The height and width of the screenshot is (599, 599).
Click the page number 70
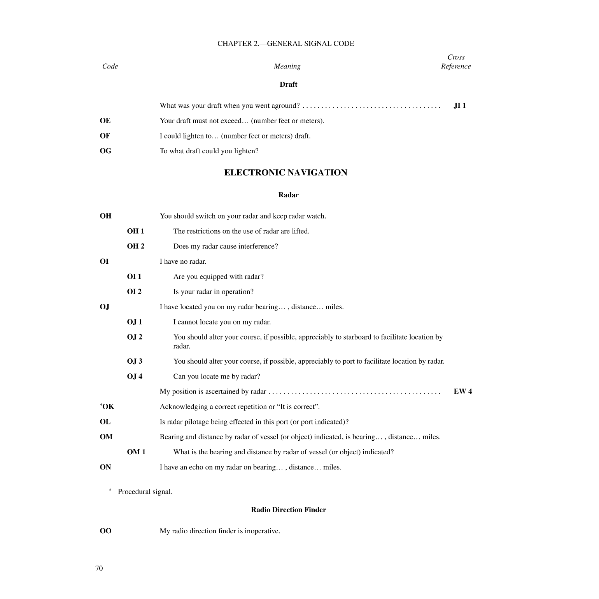pyautogui.click(x=99, y=568)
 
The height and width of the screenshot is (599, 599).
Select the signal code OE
pyautogui.click(x=105, y=121)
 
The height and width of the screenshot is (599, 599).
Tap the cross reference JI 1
pyautogui.click(x=460, y=105)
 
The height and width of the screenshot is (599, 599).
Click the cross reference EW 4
pyautogui.click(x=462, y=391)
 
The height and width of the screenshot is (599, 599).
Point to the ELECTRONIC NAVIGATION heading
pyautogui.click(x=285, y=173)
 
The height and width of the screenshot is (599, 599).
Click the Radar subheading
pyautogui.click(x=288, y=195)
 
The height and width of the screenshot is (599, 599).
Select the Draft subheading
pyautogui.click(x=288, y=84)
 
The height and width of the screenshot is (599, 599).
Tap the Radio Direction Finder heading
pyautogui.click(x=288, y=510)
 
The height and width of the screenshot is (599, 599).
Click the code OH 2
pyautogui.click(x=135, y=246)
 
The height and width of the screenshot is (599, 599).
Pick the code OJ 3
pyautogui.click(x=135, y=361)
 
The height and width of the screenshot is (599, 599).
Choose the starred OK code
pyautogui.click(x=107, y=406)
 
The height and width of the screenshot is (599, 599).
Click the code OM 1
pyautogui.click(x=136, y=452)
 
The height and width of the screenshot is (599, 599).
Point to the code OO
pyautogui.click(x=105, y=531)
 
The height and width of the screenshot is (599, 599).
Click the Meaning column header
pyautogui.click(x=287, y=66)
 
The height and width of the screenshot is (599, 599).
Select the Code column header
pyautogui.click(x=110, y=66)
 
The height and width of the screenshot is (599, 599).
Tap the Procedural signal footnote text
pyautogui.click(x=145, y=492)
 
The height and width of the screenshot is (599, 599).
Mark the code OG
pyautogui.click(x=105, y=151)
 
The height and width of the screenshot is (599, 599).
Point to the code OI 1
pyautogui.click(x=134, y=277)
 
